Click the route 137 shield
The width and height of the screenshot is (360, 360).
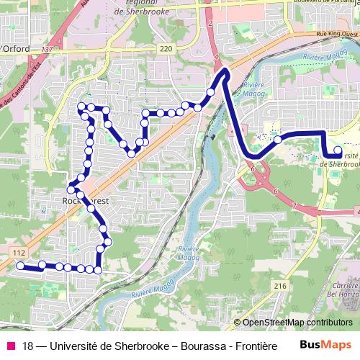[x=48, y=49]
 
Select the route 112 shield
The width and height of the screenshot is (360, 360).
[x=19, y=253]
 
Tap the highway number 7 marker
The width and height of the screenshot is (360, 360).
[x=294, y=206]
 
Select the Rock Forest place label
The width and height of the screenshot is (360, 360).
[x=85, y=202]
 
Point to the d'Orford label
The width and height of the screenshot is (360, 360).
[x=19, y=49]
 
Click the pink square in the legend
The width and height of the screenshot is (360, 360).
[x=10, y=345]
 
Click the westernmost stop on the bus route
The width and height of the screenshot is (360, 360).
[x=20, y=266]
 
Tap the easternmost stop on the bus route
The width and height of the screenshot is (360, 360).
[x=338, y=150]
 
